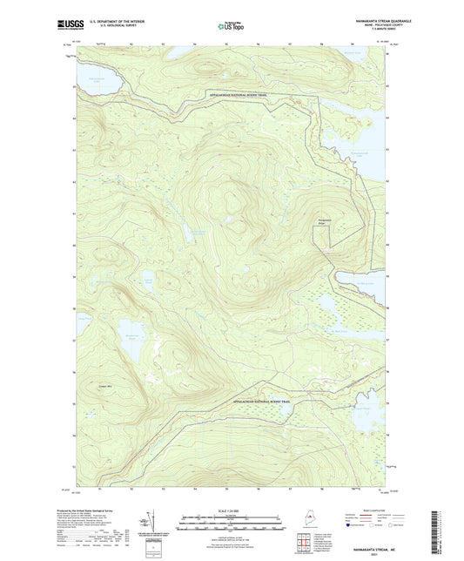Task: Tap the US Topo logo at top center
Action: click(x=232, y=26)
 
